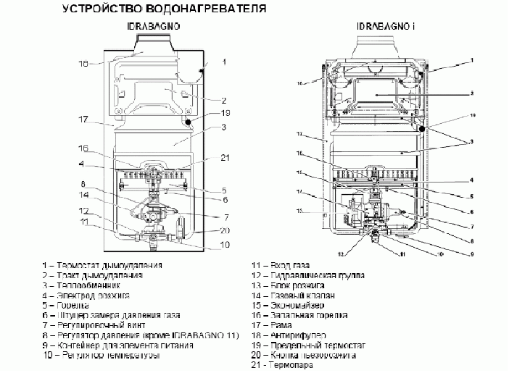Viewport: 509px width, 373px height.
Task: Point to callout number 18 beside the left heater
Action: (x=83, y=64)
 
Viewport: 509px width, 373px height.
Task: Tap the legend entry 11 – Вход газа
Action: (x=280, y=266)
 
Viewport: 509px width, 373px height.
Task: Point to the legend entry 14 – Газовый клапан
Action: (x=293, y=296)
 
